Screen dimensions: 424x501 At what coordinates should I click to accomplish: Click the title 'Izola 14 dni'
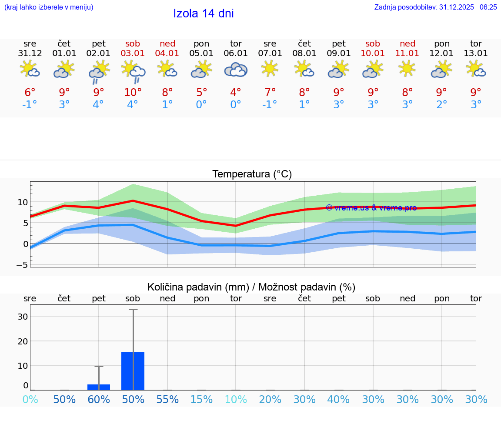click(x=203, y=13)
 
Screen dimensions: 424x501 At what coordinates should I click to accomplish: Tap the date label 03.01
click(x=133, y=53)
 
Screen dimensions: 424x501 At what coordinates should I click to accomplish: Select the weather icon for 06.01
click(x=236, y=70)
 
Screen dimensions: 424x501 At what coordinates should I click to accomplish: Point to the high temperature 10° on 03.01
click(x=133, y=93)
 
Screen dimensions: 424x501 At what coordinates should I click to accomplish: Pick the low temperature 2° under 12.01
click(x=441, y=105)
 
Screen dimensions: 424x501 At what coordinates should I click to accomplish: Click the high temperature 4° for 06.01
click(x=236, y=93)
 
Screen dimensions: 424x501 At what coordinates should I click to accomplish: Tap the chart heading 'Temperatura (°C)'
click(x=252, y=174)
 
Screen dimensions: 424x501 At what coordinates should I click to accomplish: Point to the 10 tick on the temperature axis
click(x=23, y=202)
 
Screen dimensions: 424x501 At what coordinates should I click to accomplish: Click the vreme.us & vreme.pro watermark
click(x=371, y=208)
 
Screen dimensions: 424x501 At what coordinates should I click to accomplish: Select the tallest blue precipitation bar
click(x=133, y=371)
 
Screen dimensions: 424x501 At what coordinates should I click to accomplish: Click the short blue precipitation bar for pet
click(x=99, y=387)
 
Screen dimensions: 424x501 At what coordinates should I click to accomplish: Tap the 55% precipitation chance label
click(x=167, y=400)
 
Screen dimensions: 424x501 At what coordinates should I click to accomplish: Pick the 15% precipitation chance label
click(x=201, y=400)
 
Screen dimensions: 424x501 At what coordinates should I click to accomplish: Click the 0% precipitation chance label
click(x=30, y=400)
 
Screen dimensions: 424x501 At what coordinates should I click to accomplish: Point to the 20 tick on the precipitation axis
click(x=22, y=341)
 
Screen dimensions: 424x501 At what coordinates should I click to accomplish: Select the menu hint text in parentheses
click(x=49, y=7)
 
